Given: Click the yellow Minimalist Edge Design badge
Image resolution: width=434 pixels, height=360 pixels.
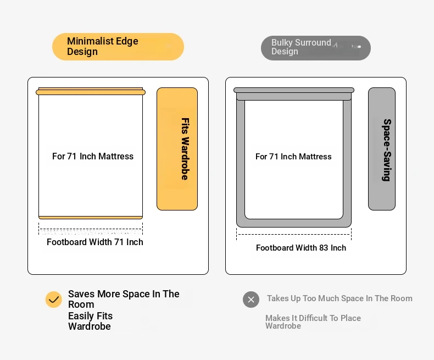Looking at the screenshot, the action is (118, 47).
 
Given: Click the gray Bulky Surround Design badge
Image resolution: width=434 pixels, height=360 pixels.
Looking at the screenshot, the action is (316, 48).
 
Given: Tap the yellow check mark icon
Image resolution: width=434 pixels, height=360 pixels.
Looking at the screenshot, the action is (54, 300).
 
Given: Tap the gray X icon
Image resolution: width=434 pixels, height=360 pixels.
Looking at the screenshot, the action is (251, 300).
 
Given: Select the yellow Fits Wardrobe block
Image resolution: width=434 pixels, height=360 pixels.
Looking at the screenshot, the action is (177, 149).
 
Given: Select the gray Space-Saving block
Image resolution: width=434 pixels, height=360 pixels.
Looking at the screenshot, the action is (382, 149).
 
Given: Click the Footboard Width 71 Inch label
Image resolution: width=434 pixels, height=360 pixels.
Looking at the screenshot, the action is (95, 242).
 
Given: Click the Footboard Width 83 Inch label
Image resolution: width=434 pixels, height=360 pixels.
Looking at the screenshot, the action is (301, 248).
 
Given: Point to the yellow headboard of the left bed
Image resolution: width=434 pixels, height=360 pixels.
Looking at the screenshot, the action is (91, 92).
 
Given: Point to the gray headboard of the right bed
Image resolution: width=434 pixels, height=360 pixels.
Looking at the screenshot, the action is (294, 93).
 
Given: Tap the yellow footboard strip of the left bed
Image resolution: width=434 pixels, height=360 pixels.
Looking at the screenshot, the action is (91, 218).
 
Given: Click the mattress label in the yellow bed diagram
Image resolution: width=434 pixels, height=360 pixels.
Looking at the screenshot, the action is (93, 157).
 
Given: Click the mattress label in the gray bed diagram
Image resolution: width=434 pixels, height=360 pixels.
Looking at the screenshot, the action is (293, 157).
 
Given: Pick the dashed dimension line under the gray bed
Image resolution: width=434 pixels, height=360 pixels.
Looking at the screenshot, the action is (294, 235).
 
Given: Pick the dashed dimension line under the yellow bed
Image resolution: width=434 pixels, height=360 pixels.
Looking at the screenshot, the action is (91, 229).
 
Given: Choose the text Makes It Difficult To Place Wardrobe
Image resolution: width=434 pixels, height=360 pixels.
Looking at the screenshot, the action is (313, 322).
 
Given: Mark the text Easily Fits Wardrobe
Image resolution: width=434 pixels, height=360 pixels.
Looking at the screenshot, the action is (91, 321).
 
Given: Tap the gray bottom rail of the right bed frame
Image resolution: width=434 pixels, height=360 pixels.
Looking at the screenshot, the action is (294, 223).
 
